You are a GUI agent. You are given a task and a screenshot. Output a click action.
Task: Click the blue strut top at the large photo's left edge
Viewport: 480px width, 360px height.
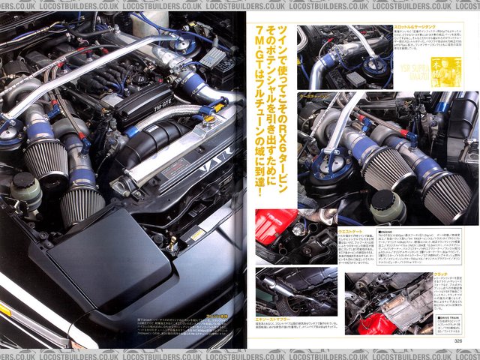12,122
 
